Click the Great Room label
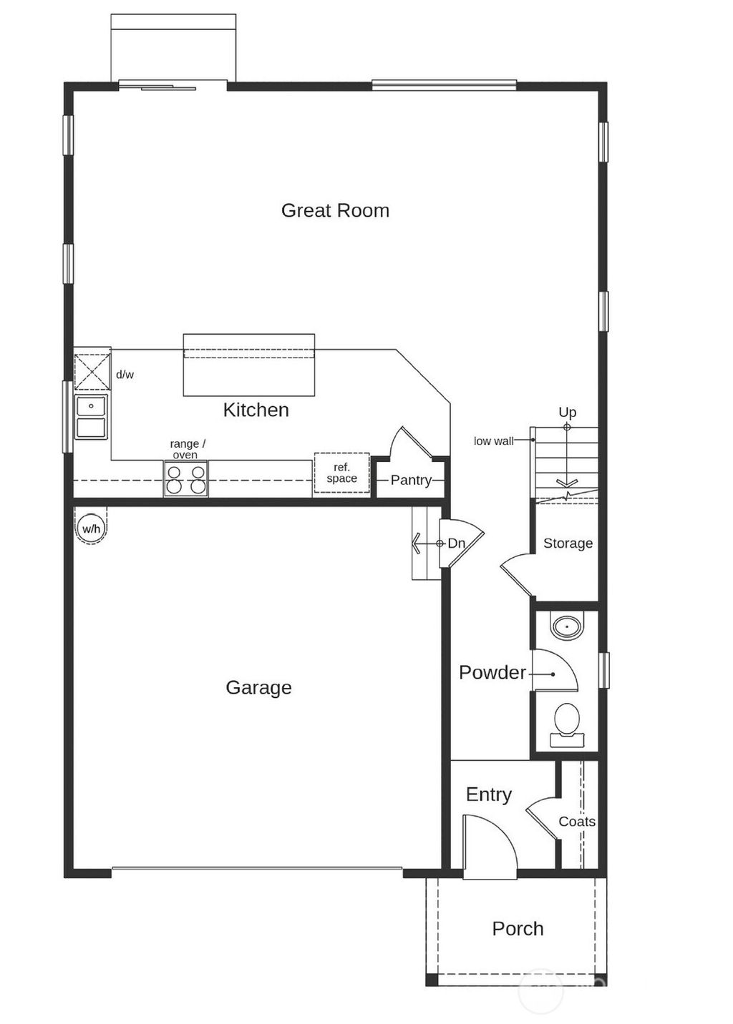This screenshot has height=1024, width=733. [335, 210]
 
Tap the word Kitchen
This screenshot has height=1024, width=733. [256, 410]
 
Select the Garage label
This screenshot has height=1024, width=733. [258, 687]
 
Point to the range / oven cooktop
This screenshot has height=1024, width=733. [186, 478]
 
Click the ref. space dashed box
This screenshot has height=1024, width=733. [341, 473]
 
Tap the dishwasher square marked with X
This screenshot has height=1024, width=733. [92, 370]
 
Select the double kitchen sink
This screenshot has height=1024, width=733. [92, 417]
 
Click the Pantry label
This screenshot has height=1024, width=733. [411, 480]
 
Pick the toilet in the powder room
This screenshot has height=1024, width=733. [567, 723]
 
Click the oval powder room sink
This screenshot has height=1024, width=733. [567, 627]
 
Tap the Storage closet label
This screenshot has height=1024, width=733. [568, 543]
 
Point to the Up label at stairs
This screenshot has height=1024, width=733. [567, 412]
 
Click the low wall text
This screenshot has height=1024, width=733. [493, 441]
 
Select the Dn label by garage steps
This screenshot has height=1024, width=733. [456, 543]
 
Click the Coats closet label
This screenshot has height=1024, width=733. [577, 822]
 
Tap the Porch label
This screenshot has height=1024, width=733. [518, 929]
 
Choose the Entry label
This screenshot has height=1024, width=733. [488, 794]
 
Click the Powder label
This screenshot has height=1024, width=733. [492, 672]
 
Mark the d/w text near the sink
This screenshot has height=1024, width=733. [125, 375]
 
